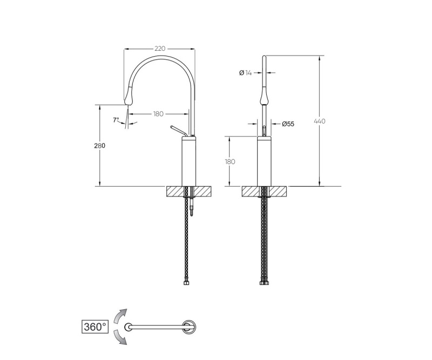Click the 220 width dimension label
tap(160, 49)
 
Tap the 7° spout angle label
tap(116, 120)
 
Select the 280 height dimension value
tap(99, 145)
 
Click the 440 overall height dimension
tap(320, 121)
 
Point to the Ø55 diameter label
tap(288, 124)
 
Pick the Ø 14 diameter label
tap(246, 73)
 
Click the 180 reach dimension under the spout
tap(158, 114)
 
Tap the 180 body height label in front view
tap(230, 161)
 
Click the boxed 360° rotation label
tap(95, 327)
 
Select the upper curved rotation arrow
tap(119, 316)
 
